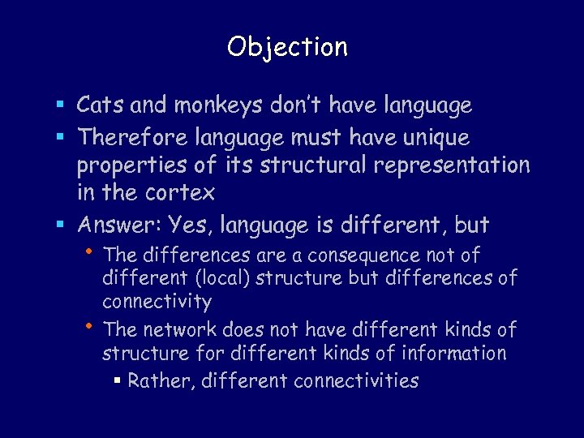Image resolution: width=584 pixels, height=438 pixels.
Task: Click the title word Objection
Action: (x=288, y=47)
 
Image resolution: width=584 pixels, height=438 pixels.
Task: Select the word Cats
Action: (x=98, y=105)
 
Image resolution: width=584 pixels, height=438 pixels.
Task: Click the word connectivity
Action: (x=157, y=303)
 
